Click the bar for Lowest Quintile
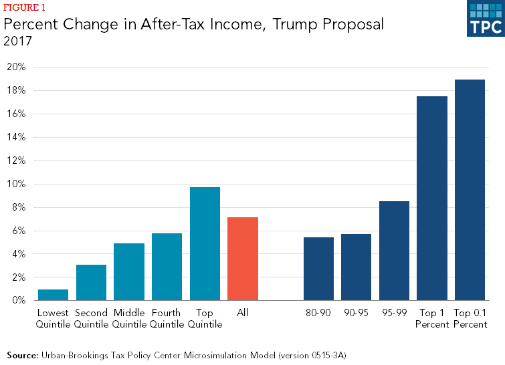53,295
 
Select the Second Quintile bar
91,283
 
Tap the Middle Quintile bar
129,272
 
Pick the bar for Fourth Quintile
167,267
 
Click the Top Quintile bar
205,244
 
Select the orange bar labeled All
243,259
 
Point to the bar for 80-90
318,269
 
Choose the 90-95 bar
357,267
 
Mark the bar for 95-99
394,251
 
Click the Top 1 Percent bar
432,199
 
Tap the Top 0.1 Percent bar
470,190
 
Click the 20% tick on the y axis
16,67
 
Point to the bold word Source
22,354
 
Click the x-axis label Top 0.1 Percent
470,318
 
